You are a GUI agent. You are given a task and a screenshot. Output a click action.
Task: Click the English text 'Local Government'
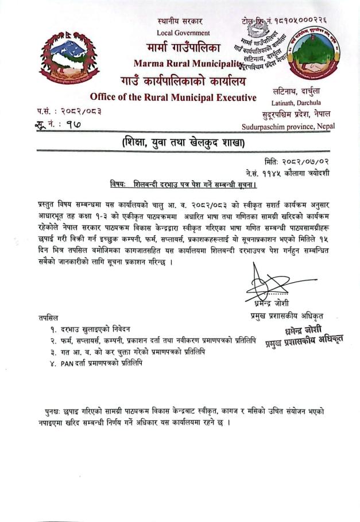183,33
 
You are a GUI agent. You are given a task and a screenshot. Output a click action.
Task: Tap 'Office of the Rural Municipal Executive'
173,97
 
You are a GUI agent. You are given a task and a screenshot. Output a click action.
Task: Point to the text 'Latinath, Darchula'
296,102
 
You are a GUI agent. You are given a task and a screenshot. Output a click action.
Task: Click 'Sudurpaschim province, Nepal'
288,126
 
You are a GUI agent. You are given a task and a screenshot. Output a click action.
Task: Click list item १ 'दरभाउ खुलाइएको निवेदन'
92,329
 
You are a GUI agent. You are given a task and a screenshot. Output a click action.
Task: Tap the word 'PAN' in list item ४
68,363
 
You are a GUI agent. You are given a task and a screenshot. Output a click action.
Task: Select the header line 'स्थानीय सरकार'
183,21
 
